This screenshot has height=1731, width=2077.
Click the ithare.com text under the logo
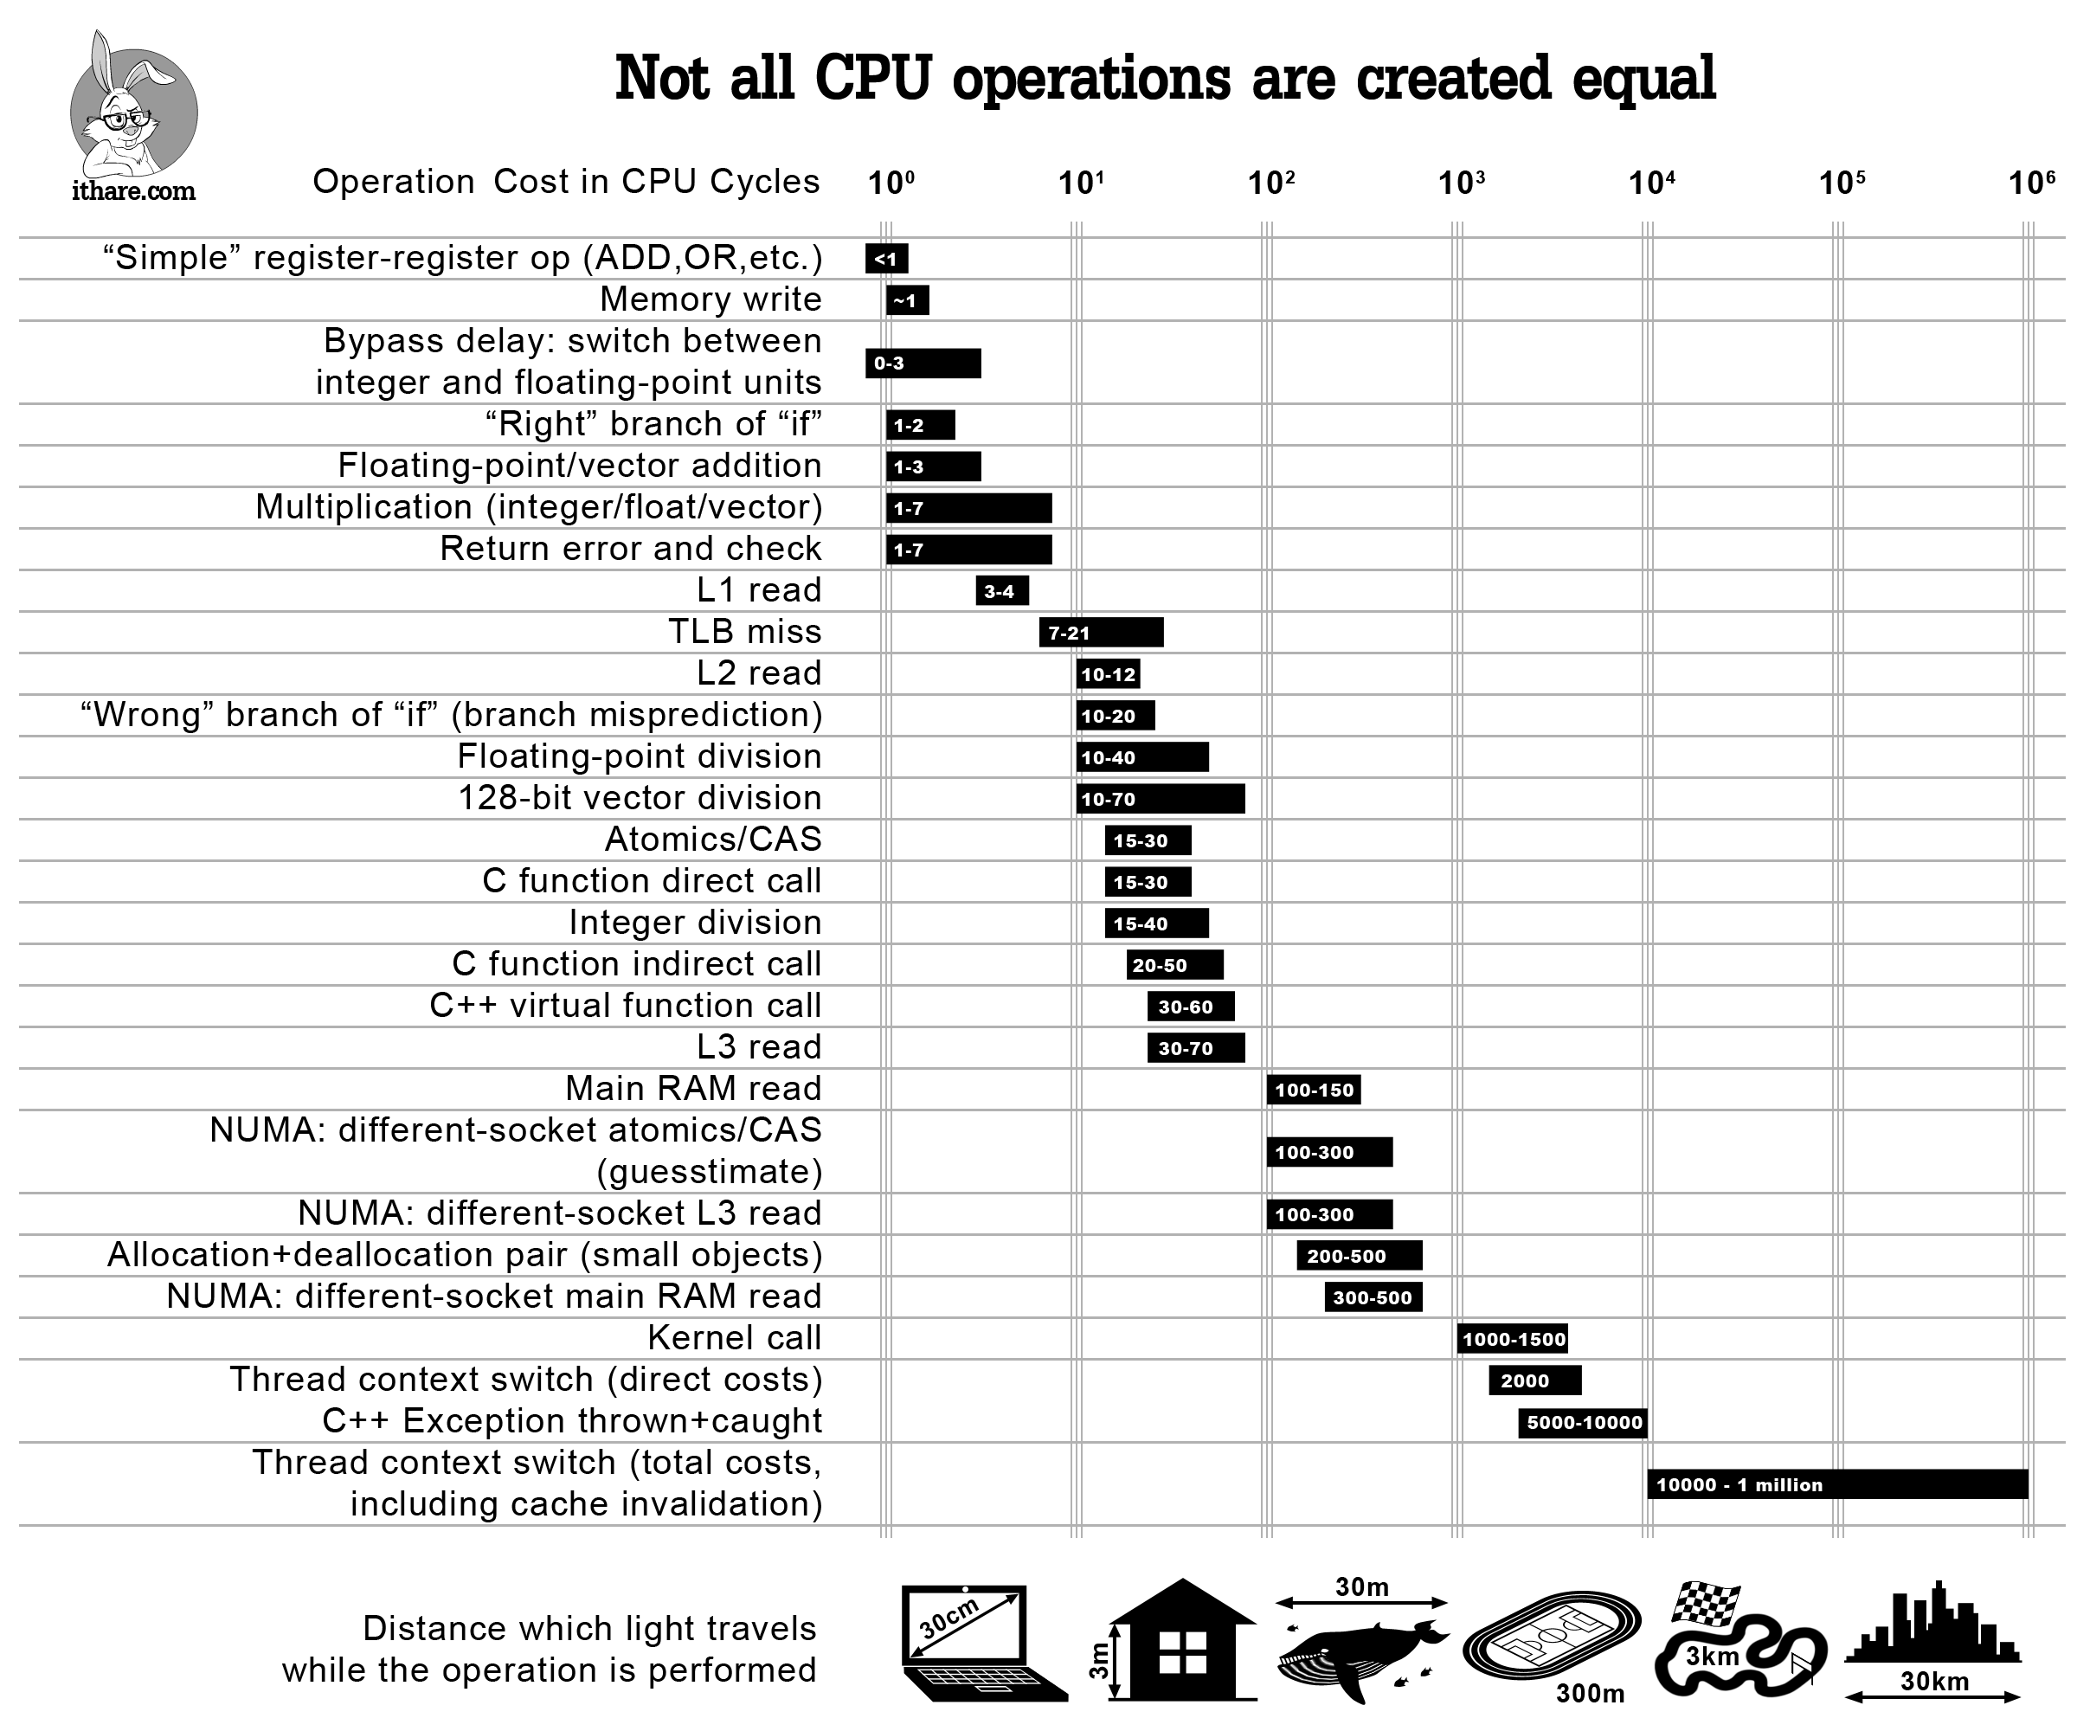(133, 191)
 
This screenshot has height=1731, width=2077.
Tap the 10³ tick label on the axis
(1461, 183)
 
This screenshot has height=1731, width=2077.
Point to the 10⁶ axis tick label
(2030, 183)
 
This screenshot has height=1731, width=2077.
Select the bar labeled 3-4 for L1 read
(1001, 591)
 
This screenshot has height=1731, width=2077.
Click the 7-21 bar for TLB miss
(1101, 633)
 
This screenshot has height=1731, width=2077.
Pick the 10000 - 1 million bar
(1836, 1484)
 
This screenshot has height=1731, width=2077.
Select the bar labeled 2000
(1534, 1380)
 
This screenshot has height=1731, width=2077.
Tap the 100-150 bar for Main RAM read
(1314, 1090)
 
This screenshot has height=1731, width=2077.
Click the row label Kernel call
(734, 1338)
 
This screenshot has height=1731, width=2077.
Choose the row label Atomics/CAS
(713, 840)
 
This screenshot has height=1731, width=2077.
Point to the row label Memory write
(711, 299)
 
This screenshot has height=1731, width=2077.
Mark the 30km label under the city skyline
(1933, 1682)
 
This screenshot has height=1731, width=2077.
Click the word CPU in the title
(872, 78)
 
